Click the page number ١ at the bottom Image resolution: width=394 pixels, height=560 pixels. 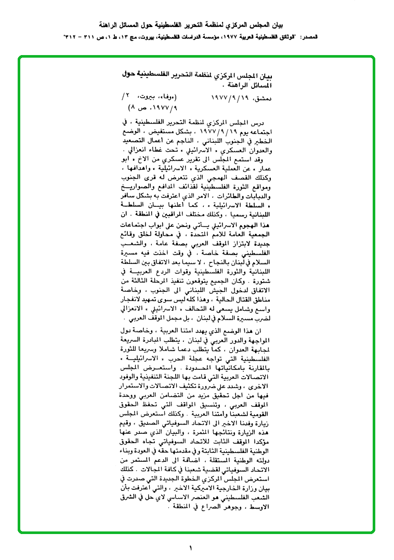pyautogui.click(x=191, y=547)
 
